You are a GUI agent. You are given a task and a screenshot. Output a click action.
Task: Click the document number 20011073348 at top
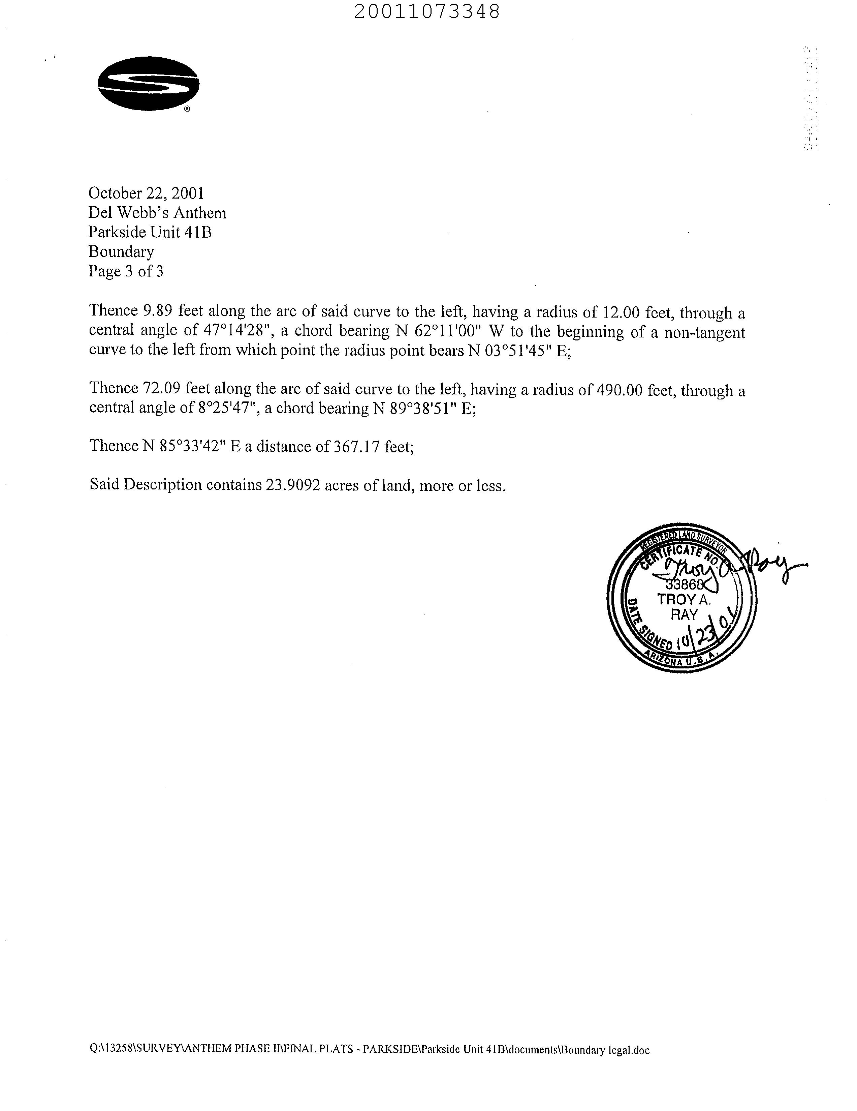[426, 11]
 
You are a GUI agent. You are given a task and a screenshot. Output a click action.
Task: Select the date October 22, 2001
[147, 193]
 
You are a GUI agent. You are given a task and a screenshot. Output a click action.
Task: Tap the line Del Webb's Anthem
[157, 213]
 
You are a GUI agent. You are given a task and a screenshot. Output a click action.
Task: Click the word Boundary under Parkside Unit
[121, 251]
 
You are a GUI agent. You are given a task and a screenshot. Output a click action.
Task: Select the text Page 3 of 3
[126, 271]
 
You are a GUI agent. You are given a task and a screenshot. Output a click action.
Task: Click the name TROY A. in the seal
[684, 599]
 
